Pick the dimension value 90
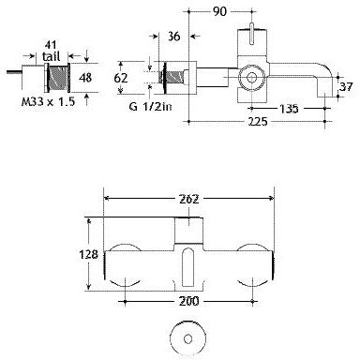coord(220,11)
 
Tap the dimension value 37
coord(345,88)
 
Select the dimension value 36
coord(174,38)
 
